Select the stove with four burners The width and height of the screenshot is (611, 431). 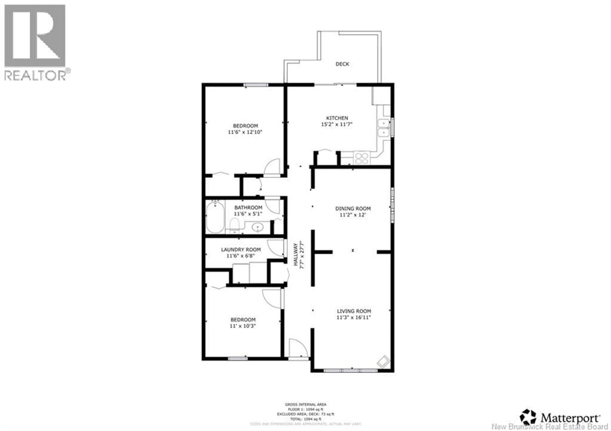click(361, 158)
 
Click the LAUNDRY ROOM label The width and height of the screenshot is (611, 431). click(241, 250)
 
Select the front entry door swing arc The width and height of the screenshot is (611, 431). click(298, 348)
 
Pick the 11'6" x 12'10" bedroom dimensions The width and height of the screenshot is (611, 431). click(245, 132)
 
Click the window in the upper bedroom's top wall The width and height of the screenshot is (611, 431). click(256, 85)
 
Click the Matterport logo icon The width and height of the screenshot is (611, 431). click(528, 417)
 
